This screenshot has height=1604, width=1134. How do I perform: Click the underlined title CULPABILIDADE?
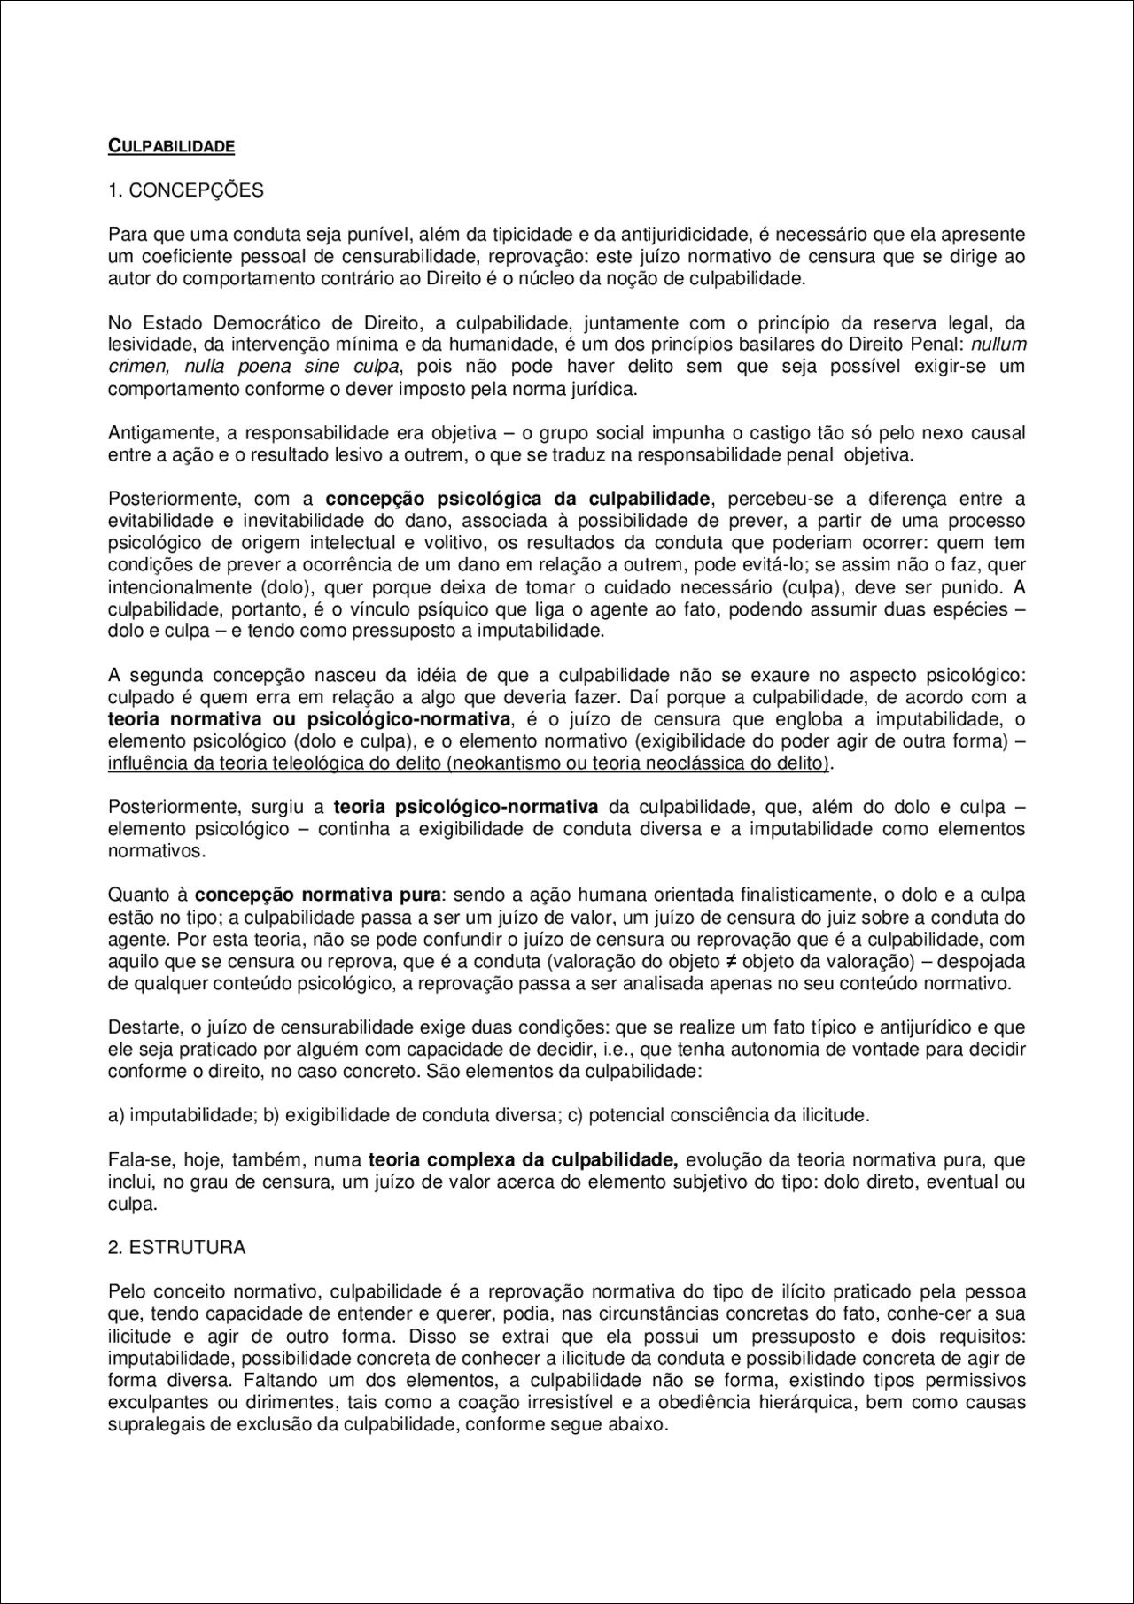point(171,146)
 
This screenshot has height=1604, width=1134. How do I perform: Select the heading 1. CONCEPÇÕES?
point(185,190)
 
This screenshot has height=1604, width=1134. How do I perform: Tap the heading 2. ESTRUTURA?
point(176,1247)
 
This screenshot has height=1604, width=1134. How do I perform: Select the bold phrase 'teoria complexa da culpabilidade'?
point(523,1159)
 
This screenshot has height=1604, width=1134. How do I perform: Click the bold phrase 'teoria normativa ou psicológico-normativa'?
point(310,718)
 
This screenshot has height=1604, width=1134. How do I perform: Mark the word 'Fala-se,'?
point(137,1159)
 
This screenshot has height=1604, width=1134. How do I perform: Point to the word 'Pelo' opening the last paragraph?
point(125,1291)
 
